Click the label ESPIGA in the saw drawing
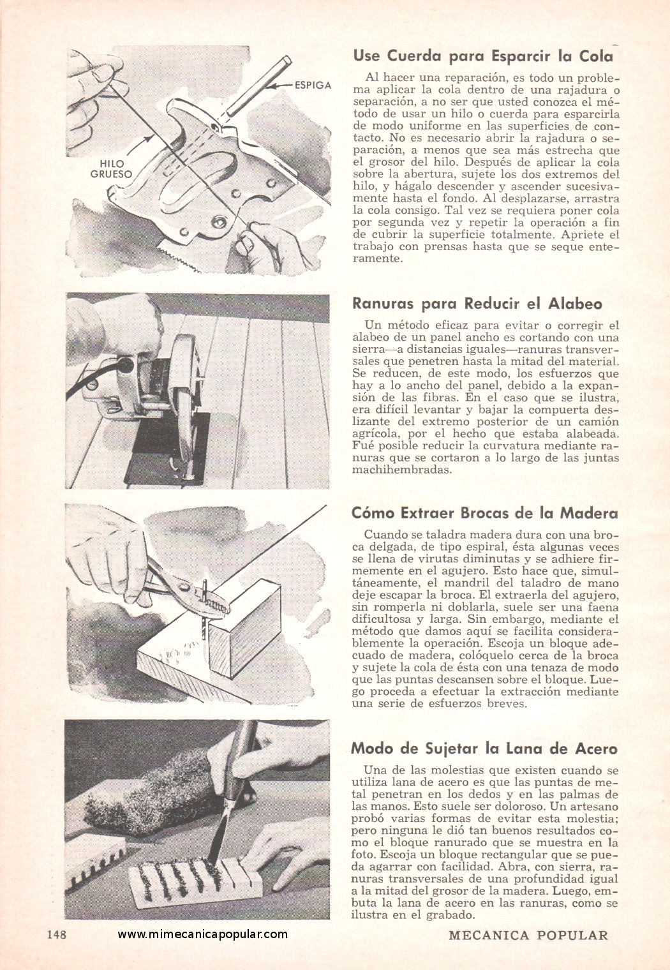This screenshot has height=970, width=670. (x=313, y=86)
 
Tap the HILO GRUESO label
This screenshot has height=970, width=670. (x=112, y=169)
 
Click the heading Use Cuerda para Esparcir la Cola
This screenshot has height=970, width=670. (x=483, y=56)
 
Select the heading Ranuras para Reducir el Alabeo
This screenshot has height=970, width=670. (x=477, y=304)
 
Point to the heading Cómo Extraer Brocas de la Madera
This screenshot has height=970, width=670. (x=485, y=513)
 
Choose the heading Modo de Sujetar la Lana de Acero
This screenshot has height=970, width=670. (x=484, y=749)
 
